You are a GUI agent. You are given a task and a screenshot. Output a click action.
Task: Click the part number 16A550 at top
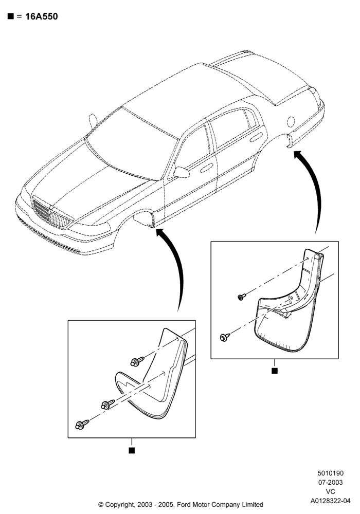(41, 16)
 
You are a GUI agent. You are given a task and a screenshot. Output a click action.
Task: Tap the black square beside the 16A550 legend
(10, 16)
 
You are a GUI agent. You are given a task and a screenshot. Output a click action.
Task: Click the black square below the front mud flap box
(132, 450)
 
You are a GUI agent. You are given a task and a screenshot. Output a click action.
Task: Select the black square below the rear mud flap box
(275, 371)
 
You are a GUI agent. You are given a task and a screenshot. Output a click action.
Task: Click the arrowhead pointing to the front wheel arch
(160, 232)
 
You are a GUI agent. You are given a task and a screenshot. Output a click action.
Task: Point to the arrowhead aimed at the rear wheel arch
(298, 154)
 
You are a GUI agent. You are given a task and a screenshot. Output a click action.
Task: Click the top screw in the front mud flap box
(137, 361)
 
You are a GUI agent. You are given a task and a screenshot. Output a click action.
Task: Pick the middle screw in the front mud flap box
(108, 405)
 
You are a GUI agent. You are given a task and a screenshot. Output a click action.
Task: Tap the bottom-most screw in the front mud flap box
(82, 425)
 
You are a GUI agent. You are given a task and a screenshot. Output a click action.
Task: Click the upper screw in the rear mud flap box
(242, 297)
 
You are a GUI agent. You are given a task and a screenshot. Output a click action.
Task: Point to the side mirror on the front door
(182, 172)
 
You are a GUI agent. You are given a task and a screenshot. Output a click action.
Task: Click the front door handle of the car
(207, 169)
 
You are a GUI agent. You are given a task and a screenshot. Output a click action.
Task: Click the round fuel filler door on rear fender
(291, 122)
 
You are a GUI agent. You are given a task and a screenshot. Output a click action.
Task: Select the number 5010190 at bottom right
(331, 473)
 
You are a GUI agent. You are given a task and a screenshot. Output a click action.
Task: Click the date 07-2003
(331, 482)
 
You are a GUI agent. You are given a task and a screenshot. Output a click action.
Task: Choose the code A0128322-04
(331, 501)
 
